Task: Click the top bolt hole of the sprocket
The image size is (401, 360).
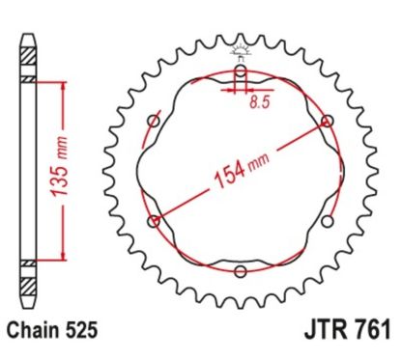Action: click(x=240, y=71)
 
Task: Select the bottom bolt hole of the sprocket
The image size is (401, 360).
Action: click(x=240, y=271)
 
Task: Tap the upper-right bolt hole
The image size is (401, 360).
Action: click(x=327, y=121)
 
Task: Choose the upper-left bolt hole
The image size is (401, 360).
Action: click(x=154, y=121)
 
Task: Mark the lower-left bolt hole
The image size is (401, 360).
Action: click(x=154, y=221)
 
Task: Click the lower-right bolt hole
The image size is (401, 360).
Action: click(x=327, y=221)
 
